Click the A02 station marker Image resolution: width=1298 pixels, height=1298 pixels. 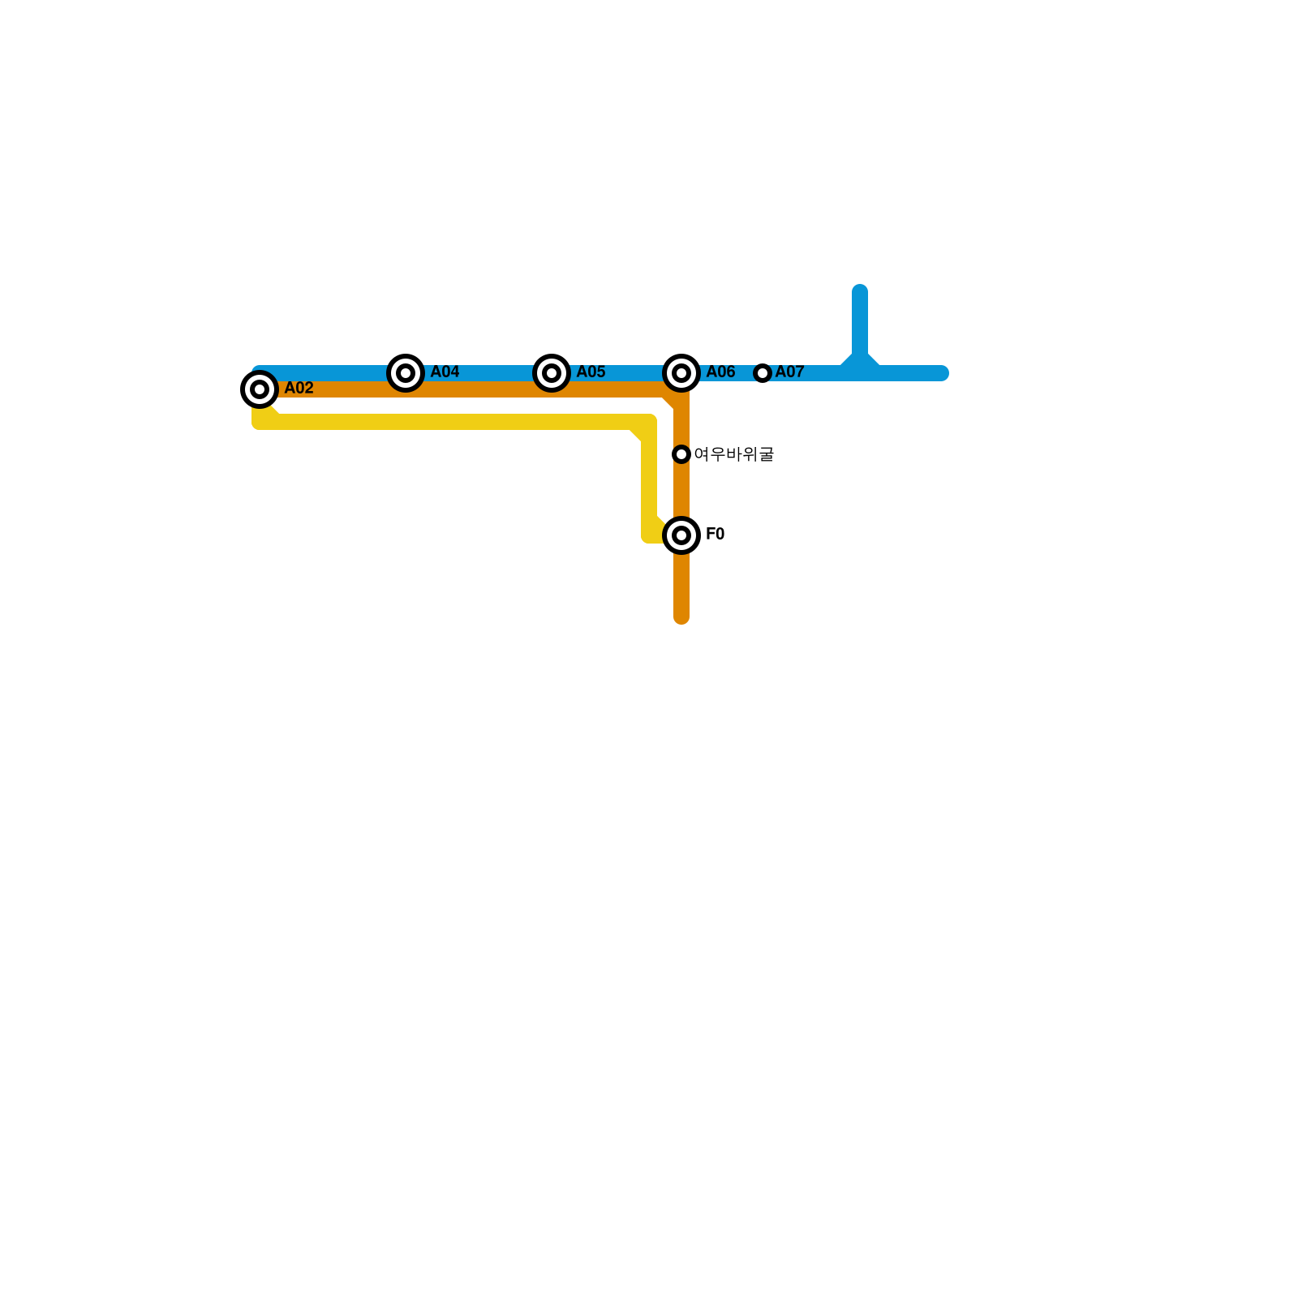(x=260, y=389)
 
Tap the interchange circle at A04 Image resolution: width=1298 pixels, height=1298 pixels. (x=406, y=373)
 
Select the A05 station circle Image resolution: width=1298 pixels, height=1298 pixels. (x=552, y=373)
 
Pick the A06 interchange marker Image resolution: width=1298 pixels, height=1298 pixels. (x=681, y=373)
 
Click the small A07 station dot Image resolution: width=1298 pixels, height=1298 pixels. (x=763, y=373)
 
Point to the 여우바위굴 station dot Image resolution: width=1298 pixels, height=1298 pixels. (x=681, y=454)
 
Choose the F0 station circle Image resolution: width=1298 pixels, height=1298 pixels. (x=681, y=535)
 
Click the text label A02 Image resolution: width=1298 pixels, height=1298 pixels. (x=299, y=389)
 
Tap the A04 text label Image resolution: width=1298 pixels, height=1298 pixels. (x=445, y=372)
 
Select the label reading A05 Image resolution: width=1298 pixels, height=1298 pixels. (x=591, y=372)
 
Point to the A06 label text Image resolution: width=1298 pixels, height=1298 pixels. (x=720, y=372)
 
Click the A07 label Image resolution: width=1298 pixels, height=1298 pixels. (x=789, y=372)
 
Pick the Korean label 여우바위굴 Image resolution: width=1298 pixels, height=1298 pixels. (x=733, y=454)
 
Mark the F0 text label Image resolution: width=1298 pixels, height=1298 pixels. (x=715, y=535)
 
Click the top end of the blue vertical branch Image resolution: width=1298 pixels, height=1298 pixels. (x=860, y=290)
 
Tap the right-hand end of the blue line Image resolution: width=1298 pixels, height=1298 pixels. (x=942, y=373)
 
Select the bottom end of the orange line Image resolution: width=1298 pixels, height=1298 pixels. (x=681, y=618)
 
